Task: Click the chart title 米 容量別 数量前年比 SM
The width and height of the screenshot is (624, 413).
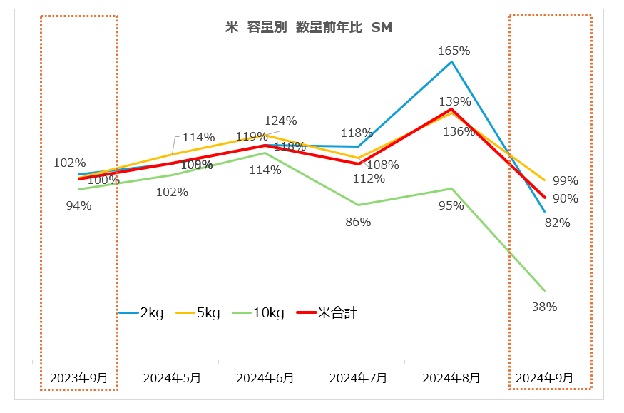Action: tap(308, 28)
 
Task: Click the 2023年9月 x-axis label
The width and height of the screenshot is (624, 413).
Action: tap(78, 378)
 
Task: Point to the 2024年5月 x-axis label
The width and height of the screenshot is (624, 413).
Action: tap(172, 378)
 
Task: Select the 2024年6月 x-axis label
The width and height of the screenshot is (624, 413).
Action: tap(265, 378)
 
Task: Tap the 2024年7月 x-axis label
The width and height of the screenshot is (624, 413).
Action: tap(358, 378)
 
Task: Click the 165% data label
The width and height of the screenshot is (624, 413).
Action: tap(454, 51)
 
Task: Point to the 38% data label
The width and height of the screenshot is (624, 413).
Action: tap(544, 307)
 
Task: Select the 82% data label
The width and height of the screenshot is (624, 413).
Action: tap(557, 223)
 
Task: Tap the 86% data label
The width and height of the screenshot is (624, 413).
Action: tap(358, 222)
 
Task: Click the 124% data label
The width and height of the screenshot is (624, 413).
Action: tap(280, 121)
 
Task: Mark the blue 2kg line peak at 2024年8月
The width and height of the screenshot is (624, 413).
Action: tap(451, 62)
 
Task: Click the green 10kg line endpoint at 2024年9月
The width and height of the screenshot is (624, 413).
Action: tap(545, 290)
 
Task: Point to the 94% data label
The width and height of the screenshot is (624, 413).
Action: tap(78, 205)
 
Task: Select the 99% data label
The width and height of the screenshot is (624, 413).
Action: tap(565, 180)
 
